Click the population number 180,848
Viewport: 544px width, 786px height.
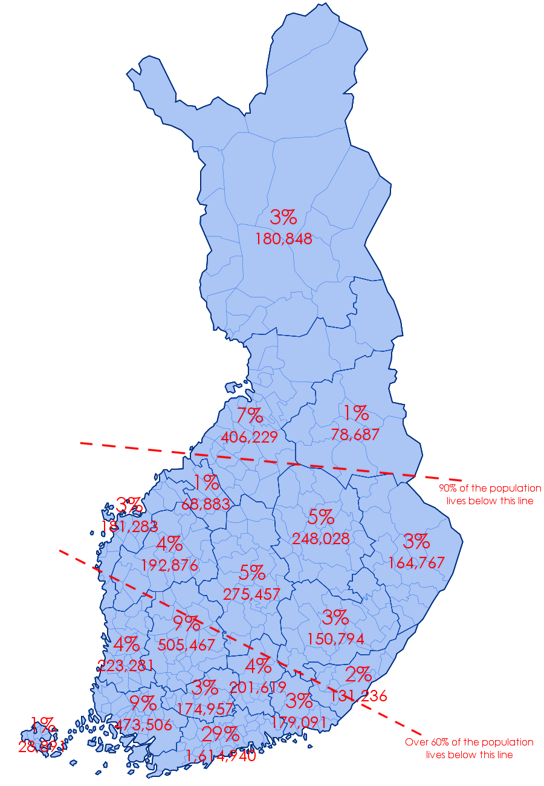pos(283,239)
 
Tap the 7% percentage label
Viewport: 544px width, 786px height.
pos(249,416)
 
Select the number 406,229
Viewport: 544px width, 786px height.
pos(249,437)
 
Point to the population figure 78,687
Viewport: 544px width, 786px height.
pos(355,434)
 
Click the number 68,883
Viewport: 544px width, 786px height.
pos(206,504)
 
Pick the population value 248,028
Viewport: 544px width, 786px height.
pos(320,539)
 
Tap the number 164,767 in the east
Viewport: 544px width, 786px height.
pos(416,563)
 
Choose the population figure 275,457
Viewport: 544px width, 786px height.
pos(252,594)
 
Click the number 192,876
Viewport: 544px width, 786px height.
pos(169,565)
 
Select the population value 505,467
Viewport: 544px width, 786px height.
pos(186,645)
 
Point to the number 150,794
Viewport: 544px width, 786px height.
pos(335,639)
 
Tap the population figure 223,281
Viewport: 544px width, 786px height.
pos(125,666)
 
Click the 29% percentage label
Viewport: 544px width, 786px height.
pos(220,735)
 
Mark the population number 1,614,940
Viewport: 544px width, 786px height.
pos(221,756)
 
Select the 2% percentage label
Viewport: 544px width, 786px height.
pos(358,674)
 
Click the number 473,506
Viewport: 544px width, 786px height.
pos(143,725)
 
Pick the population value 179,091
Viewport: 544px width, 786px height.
pos(299,723)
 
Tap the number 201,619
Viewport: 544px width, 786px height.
pos(257,687)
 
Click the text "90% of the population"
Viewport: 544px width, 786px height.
pos(490,488)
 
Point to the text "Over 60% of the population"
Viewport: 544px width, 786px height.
pos(469,742)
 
